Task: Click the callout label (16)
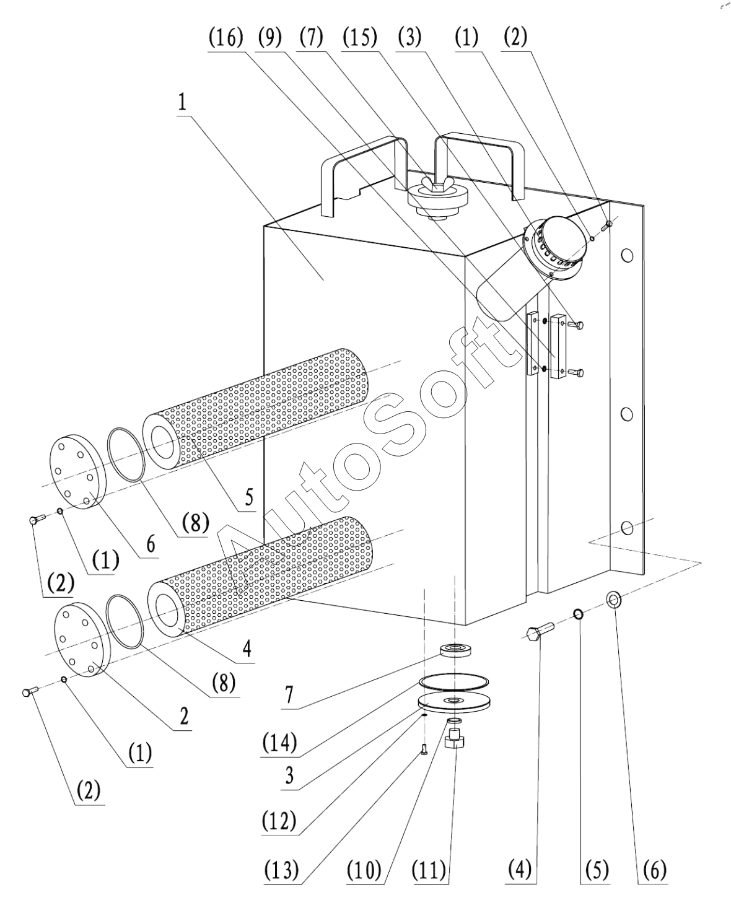pyautogui.click(x=225, y=38)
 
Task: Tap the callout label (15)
pyautogui.click(x=360, y=38)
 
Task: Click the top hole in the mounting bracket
pyautogui.click(x=627, y=255)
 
